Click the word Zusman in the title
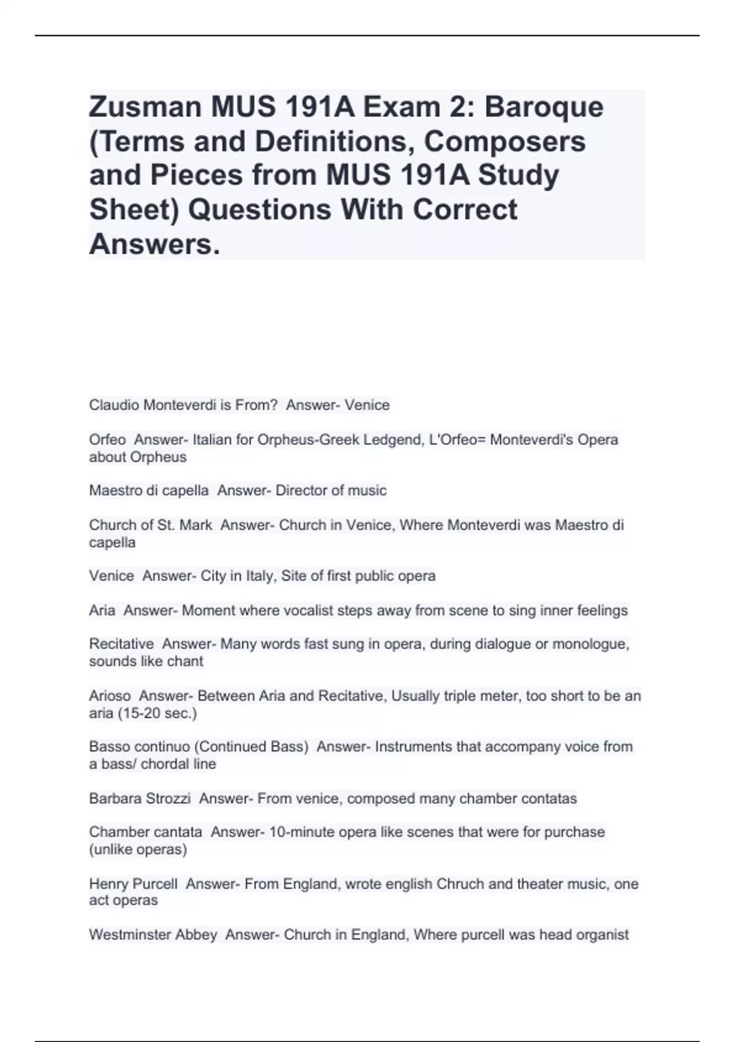point(145,107)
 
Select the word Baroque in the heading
point(544,107)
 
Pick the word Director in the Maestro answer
point(301,490)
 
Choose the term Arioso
point(110,696)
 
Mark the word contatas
point(549,799)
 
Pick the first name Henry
point(108,884)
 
